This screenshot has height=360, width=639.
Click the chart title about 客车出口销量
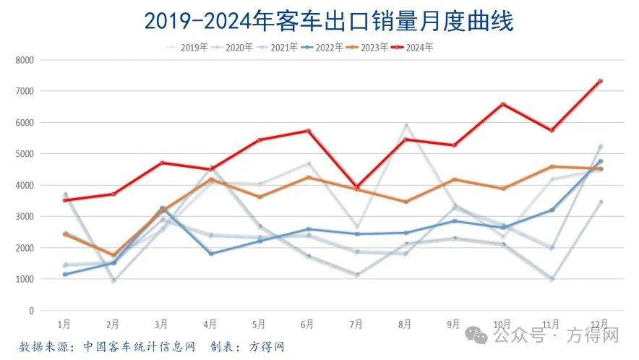(329, 21)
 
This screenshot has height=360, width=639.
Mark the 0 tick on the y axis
(31, 311)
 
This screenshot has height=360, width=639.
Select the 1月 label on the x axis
(64, 324)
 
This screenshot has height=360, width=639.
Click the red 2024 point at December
(600, 81)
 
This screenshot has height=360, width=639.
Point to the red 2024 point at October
(502, 104)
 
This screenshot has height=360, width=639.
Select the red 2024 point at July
(357, 187)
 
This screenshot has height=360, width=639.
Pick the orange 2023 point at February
(113, 255)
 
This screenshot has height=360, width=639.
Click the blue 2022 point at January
(65, 275)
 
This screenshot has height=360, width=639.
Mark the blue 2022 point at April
(211, 254)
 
